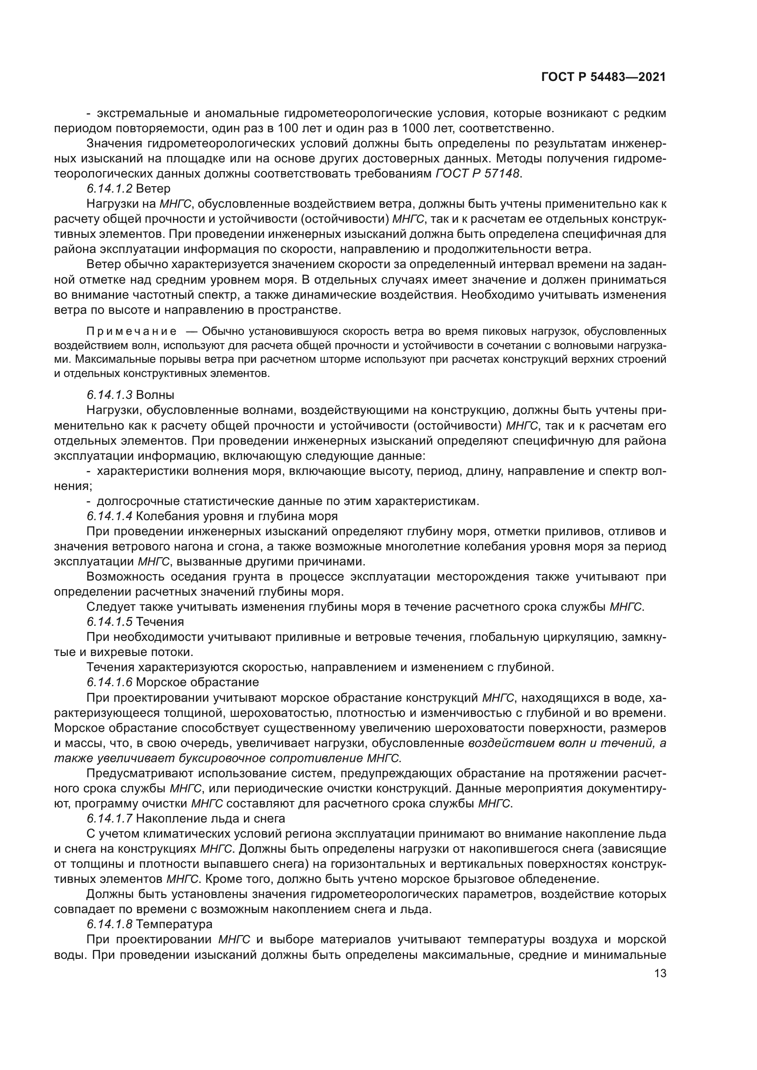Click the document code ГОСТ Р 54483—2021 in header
point(603,77)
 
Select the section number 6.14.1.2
point(109,189)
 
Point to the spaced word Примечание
point(132,331)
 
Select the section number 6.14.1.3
point(109,395)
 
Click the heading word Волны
point(156,395)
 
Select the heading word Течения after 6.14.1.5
point(160,622)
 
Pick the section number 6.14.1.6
point(109,682)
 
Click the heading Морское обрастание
point(198,682)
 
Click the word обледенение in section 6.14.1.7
point(556,879)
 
